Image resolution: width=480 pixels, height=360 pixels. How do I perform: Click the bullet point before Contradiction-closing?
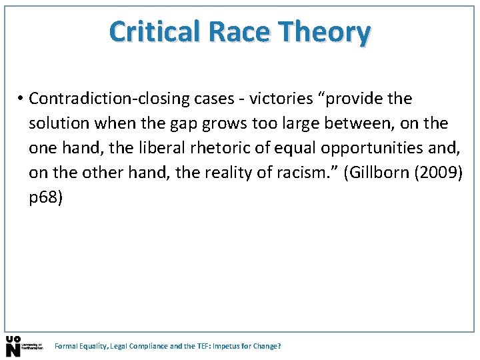click(x=21, y=99)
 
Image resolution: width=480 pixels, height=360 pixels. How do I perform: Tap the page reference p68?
click(x=45, y=196)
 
